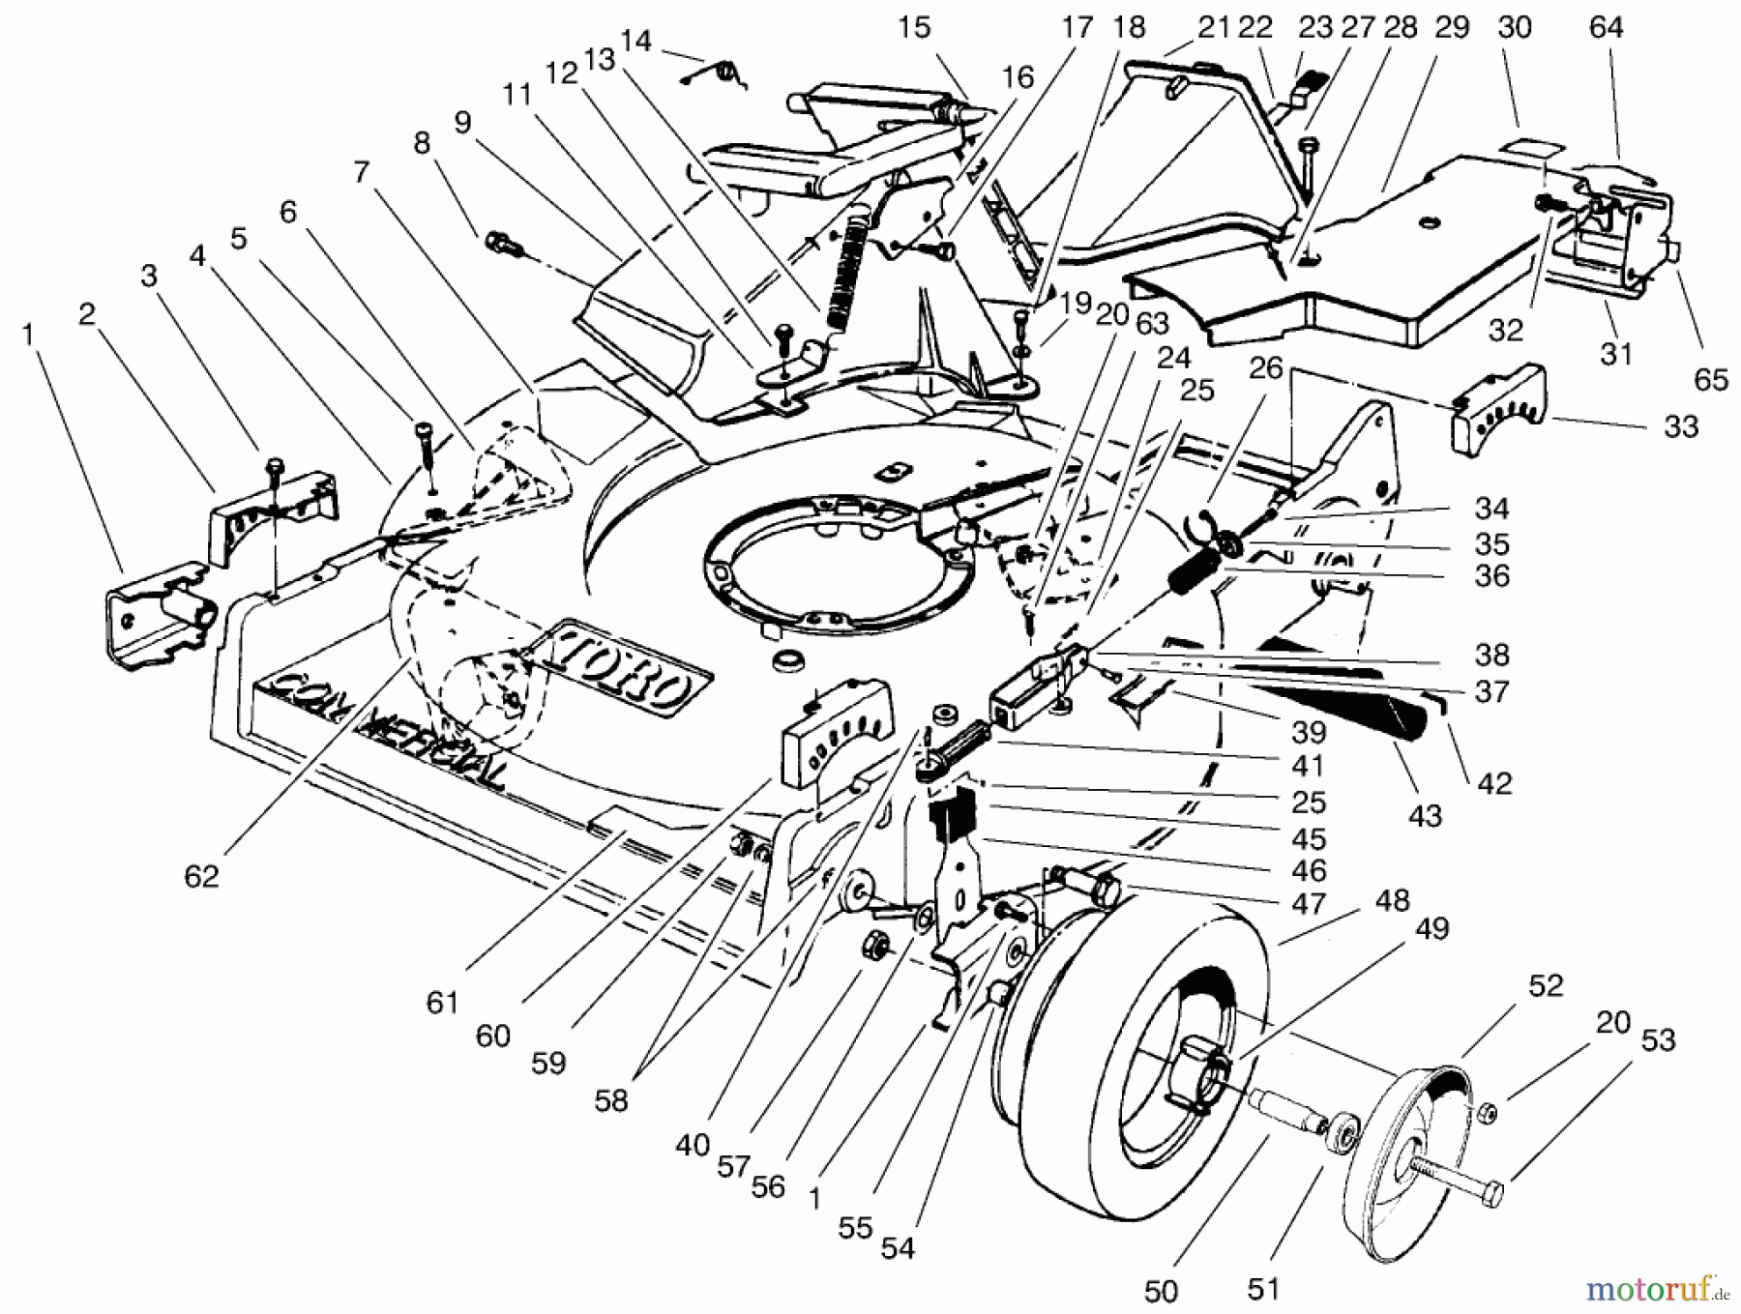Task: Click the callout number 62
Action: [x=201, y=876]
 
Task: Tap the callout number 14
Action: [x=635, y=41]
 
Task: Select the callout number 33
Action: [x=1681, y=426]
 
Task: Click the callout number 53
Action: [x=1658, y=1040]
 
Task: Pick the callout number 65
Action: [x=1711, y=379]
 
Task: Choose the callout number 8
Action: [x=421, y=143]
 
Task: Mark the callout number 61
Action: [x=442, y=1003]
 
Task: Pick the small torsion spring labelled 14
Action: [x=723, y=73]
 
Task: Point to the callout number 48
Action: [x=1392, y=901]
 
